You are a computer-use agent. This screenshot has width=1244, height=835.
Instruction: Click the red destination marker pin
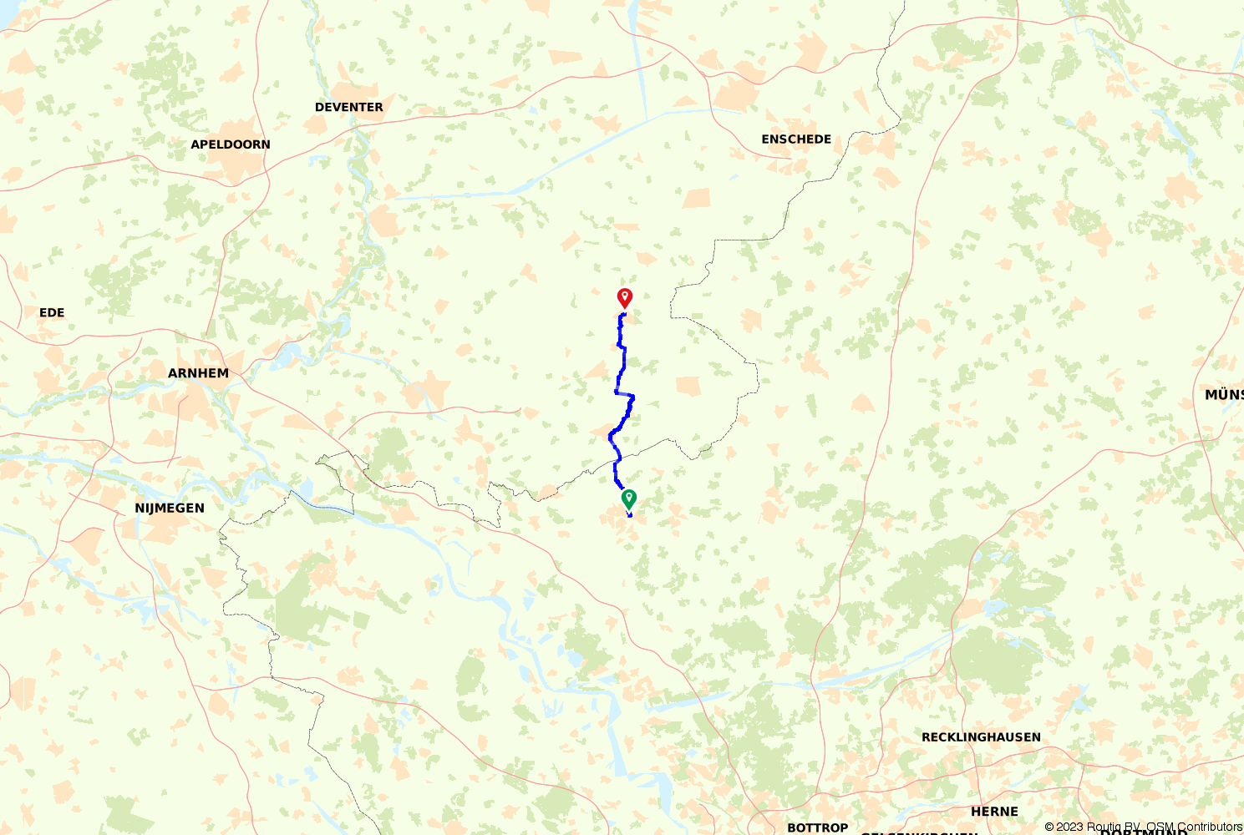click(624, 297)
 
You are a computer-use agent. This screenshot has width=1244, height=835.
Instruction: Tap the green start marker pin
click(628, 499)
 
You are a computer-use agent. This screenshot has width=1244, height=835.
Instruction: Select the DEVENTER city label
click(349, 107)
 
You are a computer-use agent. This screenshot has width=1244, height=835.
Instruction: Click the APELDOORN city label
click(231, 144)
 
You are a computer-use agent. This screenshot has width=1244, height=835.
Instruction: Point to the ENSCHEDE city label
click(796, 139)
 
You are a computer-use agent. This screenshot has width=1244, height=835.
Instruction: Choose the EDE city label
click(52, 312)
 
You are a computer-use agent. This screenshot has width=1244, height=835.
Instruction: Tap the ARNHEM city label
click(198, 373)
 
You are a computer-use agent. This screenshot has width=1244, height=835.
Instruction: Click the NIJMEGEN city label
click(170, 508)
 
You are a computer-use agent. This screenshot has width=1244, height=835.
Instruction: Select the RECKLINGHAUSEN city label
click(981, 737)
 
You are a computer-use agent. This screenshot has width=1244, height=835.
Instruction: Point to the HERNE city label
click(994, 812)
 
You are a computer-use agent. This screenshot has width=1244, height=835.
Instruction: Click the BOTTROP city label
click(817, 827)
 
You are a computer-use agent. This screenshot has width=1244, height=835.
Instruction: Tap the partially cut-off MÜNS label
click(1223, 395)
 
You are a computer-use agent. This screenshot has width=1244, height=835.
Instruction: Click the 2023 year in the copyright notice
click(1070, 827)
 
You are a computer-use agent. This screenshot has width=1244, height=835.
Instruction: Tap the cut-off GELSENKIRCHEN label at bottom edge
click(919, 832)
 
